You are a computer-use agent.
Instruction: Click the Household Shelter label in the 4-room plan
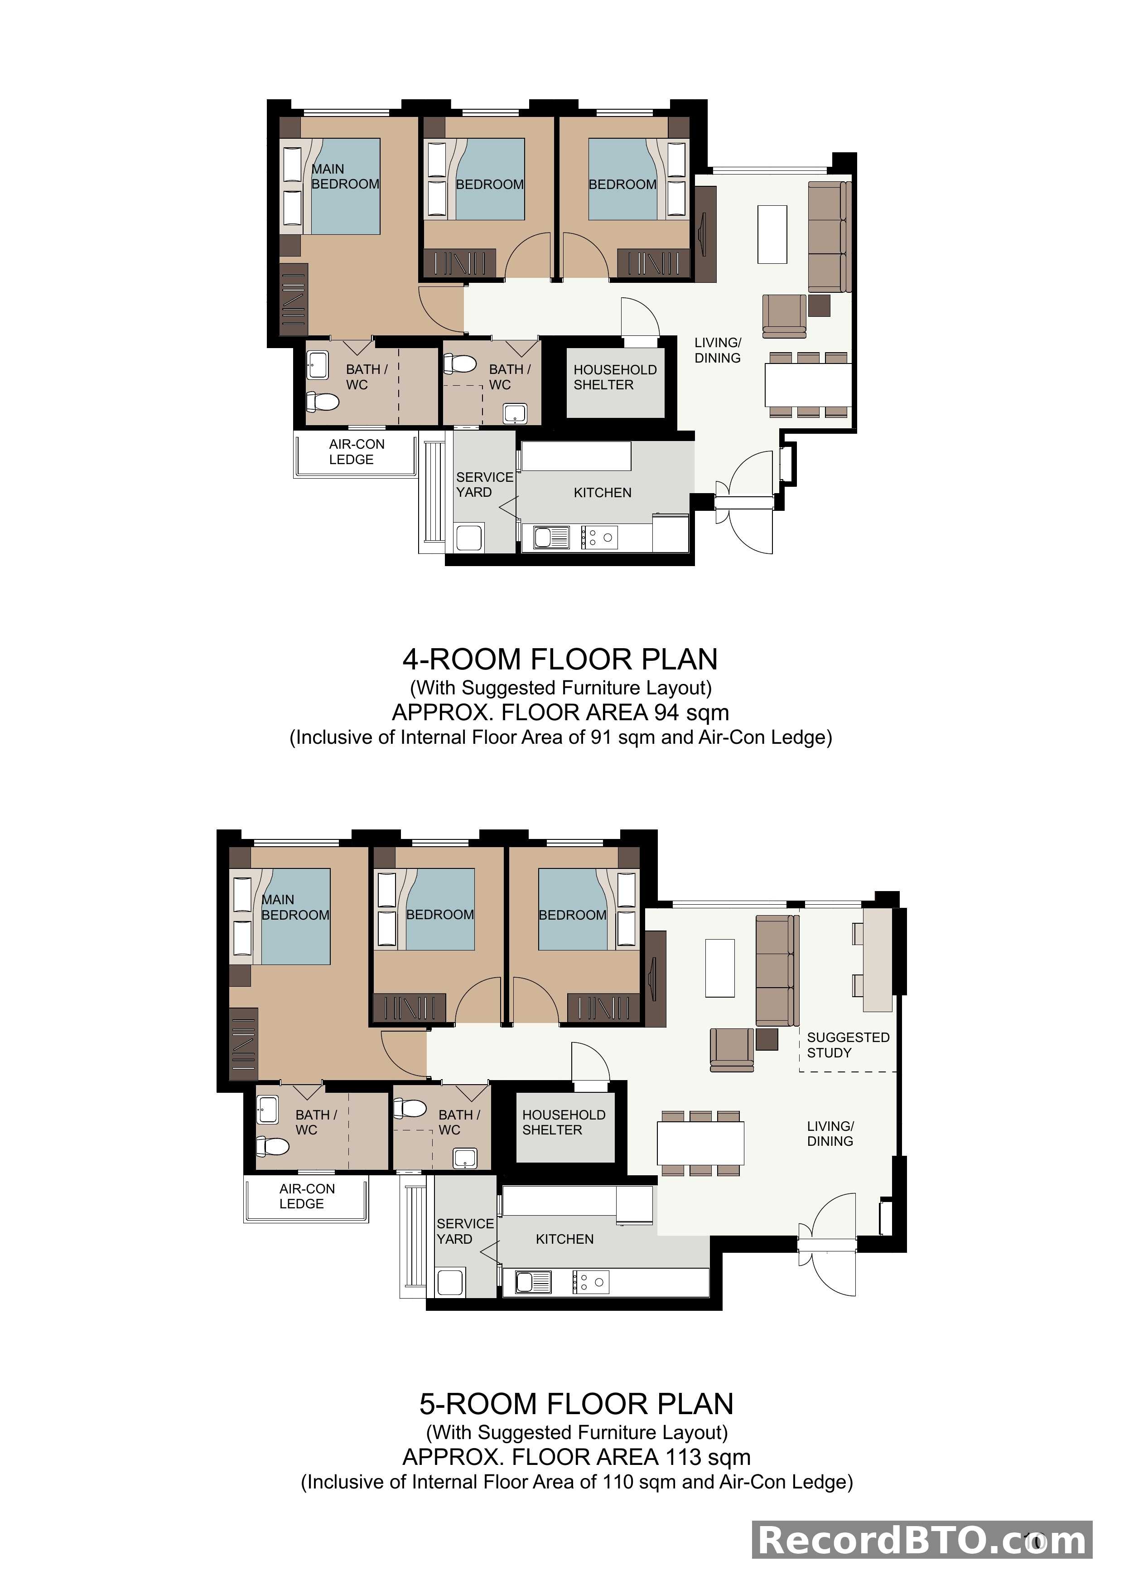point(615,378)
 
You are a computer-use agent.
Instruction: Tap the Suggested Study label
point(847,1045)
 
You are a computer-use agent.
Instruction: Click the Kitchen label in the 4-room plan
point(602,492)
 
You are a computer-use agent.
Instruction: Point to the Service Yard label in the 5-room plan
point(464,1231)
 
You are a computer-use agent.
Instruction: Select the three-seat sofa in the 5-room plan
point(777,970)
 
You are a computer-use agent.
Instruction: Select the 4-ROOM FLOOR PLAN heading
point(560,659)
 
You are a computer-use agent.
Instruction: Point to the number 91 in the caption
point(601,737)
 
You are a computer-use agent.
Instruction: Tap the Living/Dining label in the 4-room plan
point(718,350)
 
